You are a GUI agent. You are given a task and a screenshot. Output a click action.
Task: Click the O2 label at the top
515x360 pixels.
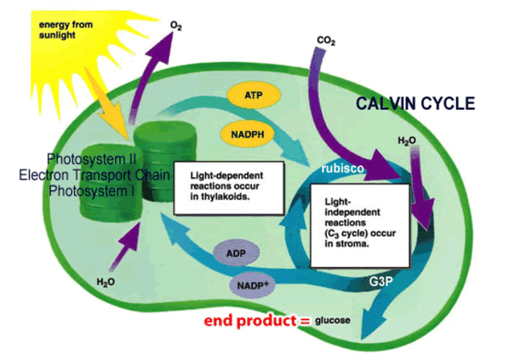(176, 26)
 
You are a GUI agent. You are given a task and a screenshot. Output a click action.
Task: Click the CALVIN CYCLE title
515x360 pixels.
(416, 104)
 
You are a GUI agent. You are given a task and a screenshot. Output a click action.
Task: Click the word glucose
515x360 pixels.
(332, 321)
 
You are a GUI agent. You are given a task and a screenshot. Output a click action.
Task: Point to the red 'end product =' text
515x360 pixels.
(257, 321)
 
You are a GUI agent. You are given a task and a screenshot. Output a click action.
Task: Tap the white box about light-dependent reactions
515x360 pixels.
(219, 190)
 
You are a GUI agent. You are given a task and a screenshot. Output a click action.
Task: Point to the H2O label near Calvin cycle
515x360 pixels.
(407, 141)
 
